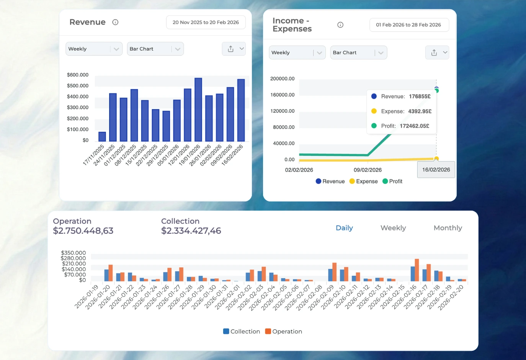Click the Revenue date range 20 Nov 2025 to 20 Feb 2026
click(206, 23)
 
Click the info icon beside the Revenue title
click(115, 22)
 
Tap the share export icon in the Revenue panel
click(230, 49)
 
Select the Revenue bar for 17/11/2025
click(102, 137)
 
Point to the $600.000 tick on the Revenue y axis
click(78, 75)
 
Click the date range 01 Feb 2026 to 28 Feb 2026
click(408, 25)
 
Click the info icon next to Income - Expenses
click(340, 25)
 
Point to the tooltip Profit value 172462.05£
click(414, 126)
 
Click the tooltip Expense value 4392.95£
click(420, 111)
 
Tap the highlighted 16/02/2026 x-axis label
click(436, 170)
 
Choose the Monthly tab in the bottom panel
click(448, 228)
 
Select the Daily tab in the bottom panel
click(344, 228)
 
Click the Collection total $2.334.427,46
click(191, 231)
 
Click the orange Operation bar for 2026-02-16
click(417, 270)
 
